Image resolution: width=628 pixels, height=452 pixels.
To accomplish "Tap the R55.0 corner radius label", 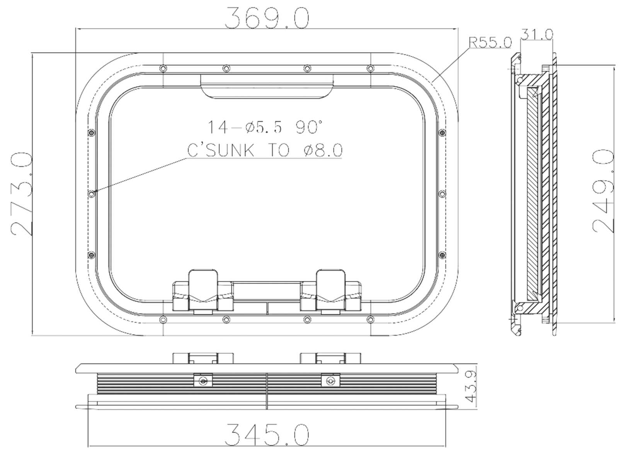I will click(x=490, y=42).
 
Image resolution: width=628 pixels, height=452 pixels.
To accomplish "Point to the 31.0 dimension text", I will click(x=537, y=34).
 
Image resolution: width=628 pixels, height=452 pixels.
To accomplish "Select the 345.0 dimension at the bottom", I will click(x=267, y=435).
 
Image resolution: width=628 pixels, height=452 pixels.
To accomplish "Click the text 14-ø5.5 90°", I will click(x=264, y=127).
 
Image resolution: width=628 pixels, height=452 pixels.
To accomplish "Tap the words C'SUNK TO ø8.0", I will click(x=265, y=150).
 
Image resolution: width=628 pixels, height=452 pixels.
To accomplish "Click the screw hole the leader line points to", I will click(x=92, y=194).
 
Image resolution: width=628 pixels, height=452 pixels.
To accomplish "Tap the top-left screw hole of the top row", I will click(x=163, y=69).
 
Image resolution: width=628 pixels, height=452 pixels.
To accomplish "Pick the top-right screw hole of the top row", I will click(x=370, y=69).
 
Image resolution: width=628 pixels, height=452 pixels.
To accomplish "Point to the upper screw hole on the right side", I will click(x=442, y=133).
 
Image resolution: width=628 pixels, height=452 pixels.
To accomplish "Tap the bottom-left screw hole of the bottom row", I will click(x=163, y=319).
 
